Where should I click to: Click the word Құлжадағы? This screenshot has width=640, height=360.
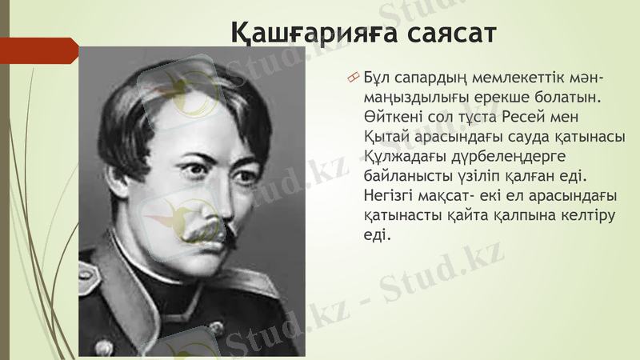pos(400,156)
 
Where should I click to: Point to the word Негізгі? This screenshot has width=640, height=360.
pos(390,195)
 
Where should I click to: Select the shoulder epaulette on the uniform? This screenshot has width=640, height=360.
pos(90,276)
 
